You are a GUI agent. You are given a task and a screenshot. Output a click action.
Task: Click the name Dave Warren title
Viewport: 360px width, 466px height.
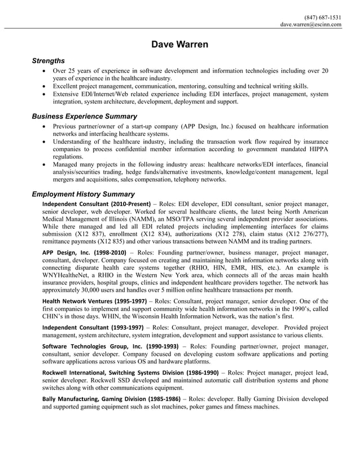tap(179, 45)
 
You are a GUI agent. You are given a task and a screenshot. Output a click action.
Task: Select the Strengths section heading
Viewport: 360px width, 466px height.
tap(48, 60)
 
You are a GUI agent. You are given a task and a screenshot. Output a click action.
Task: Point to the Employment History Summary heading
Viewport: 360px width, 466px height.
tap(83, 194)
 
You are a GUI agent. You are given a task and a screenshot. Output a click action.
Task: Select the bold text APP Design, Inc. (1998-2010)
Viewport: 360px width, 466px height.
tap(84, 253)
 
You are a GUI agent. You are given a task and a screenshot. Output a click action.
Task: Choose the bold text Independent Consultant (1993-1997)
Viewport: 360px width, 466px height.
tap(93, 327)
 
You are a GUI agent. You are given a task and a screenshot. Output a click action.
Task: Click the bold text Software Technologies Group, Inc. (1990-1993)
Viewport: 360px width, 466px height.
tap(111, 345)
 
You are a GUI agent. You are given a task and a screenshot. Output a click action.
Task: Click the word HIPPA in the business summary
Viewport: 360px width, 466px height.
tap(317, 148)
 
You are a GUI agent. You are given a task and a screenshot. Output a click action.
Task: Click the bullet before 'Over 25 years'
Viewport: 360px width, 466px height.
tap(45, 71)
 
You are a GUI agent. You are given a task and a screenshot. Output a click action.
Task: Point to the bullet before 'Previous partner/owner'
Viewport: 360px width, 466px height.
tap(45, 127)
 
